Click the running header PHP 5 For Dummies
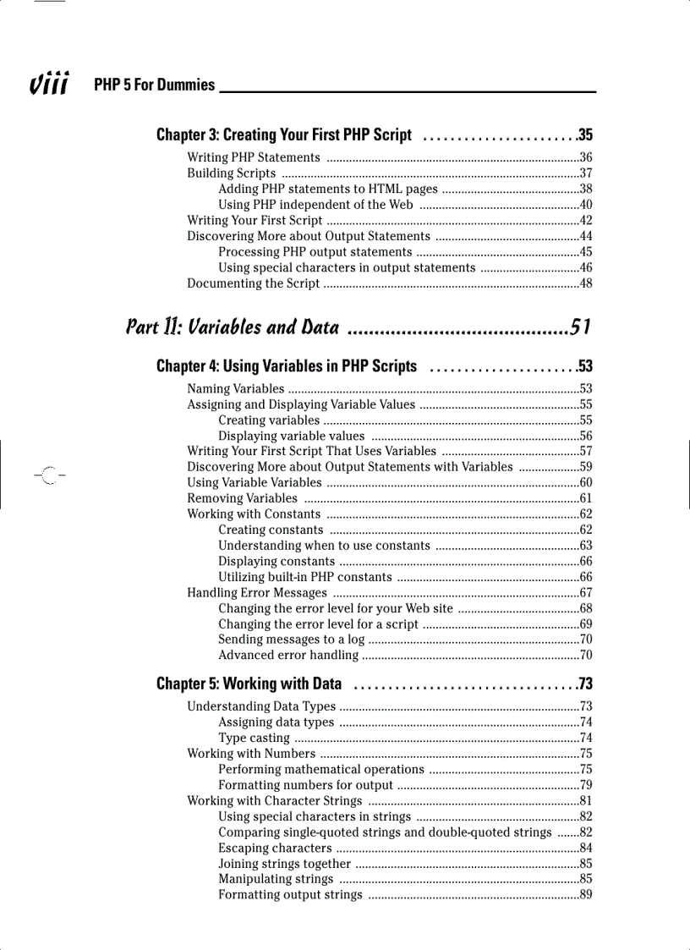(x=155, y=85)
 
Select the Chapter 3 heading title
(x=284, y=135)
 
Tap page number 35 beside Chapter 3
(x=585, y=135)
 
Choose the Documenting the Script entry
(x=253, y=283)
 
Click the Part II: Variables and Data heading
(x=233, y=327)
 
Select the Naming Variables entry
(x=236, y=389)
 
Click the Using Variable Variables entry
(x=254, y=483)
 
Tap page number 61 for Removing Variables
(x=586, y=498)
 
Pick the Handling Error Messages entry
(x=257, y=593)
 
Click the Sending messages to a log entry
(x=291, y=640)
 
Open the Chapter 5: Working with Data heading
(x=249, y=684)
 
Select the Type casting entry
(x=255, y=739)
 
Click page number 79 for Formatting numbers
(x=586, y=785)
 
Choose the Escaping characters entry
(x=275, y=848)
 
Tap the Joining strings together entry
(x=284, y=864)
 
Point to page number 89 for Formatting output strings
(x=586, y=895)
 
